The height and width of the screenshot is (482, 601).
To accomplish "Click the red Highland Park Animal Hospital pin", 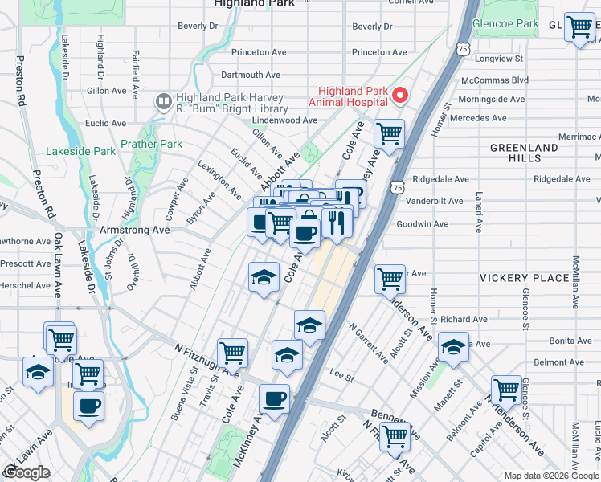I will [399, 96].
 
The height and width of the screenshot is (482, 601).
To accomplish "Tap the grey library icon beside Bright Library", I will [163, 102].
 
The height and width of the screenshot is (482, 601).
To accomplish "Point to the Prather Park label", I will [151, 145].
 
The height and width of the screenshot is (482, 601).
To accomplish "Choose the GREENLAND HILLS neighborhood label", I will [524, 153].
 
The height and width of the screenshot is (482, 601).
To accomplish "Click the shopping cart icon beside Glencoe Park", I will [579, 27].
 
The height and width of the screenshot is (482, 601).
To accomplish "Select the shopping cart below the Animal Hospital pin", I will [390, 133].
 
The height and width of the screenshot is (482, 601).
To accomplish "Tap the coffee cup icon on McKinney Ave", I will [274, 398].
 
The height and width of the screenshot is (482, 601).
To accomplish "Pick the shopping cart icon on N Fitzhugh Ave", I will [232, 352].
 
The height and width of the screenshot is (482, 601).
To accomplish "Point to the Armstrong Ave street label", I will [134, 230].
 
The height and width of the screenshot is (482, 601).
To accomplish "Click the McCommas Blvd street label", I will [495, 80].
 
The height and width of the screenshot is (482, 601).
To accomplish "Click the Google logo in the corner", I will [27, 472].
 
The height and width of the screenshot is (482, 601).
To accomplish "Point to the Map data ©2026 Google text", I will [551, 476].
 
